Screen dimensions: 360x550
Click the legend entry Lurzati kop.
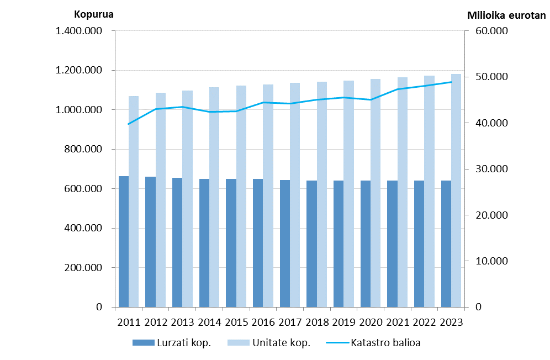click(172, 343)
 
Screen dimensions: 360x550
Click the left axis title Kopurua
click(94, 14)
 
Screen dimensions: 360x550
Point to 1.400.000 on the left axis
click(79, 31)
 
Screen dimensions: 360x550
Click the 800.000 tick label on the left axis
click(83, 149)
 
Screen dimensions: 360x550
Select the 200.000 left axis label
click(83, 268)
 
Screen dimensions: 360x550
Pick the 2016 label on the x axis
click(263, 322)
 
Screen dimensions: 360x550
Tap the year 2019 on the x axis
click(344, 322)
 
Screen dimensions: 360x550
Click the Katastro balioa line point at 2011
click(129, 124)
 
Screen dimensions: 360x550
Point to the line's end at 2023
click(451, 82)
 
